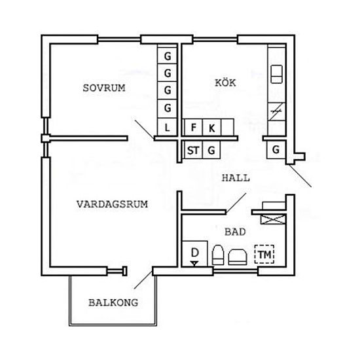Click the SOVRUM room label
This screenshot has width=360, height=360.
(x=104, y=88)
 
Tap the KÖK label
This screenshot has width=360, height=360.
(x=225, y=82)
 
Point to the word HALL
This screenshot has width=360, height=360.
(x=236, y=178)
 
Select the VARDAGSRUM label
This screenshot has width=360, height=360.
(x=112, y=204)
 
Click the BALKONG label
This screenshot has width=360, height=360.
(x=113, y=302)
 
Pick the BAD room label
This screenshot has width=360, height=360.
(x=235, y=232)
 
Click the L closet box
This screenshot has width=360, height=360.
(x=167, y=127)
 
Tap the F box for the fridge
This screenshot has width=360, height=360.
(x=193, y=127)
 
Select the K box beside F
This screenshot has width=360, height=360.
(x=211, y=127)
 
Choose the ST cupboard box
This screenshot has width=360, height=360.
(x=193, y=150)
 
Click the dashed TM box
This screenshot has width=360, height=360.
(x=264, y=254)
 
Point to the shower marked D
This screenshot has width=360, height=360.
(x=194, y=254)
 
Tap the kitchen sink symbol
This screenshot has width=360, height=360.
(x=276, y=74)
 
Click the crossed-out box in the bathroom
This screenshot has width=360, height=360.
(x=273, y=219)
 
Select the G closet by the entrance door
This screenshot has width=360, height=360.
(x=276, y=150)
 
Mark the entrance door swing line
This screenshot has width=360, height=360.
(x=300, y=176)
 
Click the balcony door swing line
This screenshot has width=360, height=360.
(x=143, y=280)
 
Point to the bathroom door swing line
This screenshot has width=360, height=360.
(x=236, y=203)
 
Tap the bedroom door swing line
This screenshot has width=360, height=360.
(x=144, y=129)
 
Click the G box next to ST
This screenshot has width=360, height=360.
(x=211, y=150)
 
